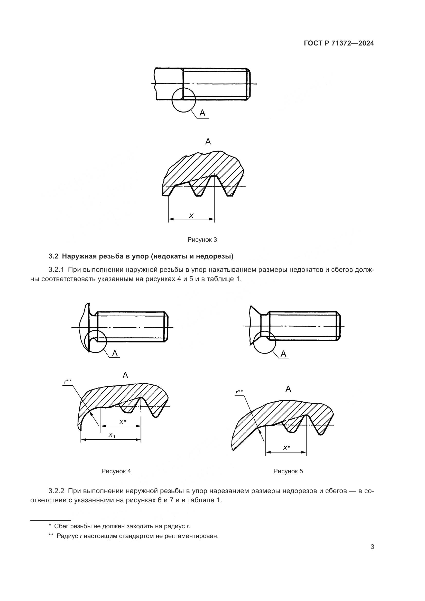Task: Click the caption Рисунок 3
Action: [x=202, y=239]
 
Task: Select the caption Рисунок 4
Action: [x=116, y=471]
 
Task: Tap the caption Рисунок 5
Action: [x=288, y=471]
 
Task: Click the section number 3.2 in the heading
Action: [x=53, y=256]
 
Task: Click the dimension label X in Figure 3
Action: [x=191, y=215]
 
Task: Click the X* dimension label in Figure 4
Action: [x=123, y=422]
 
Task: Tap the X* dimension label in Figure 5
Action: [x=287, y=448]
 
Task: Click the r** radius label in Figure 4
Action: [x=68, y=381]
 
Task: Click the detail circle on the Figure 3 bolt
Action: [x=184, y=100]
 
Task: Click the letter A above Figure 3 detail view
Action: [x=208, y=142]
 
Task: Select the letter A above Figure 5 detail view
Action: [x=288, y=389]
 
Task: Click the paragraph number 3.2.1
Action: [x=56, y=270]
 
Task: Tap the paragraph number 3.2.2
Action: [x=56, y=491]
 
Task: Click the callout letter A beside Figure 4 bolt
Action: [x=115, y=353]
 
